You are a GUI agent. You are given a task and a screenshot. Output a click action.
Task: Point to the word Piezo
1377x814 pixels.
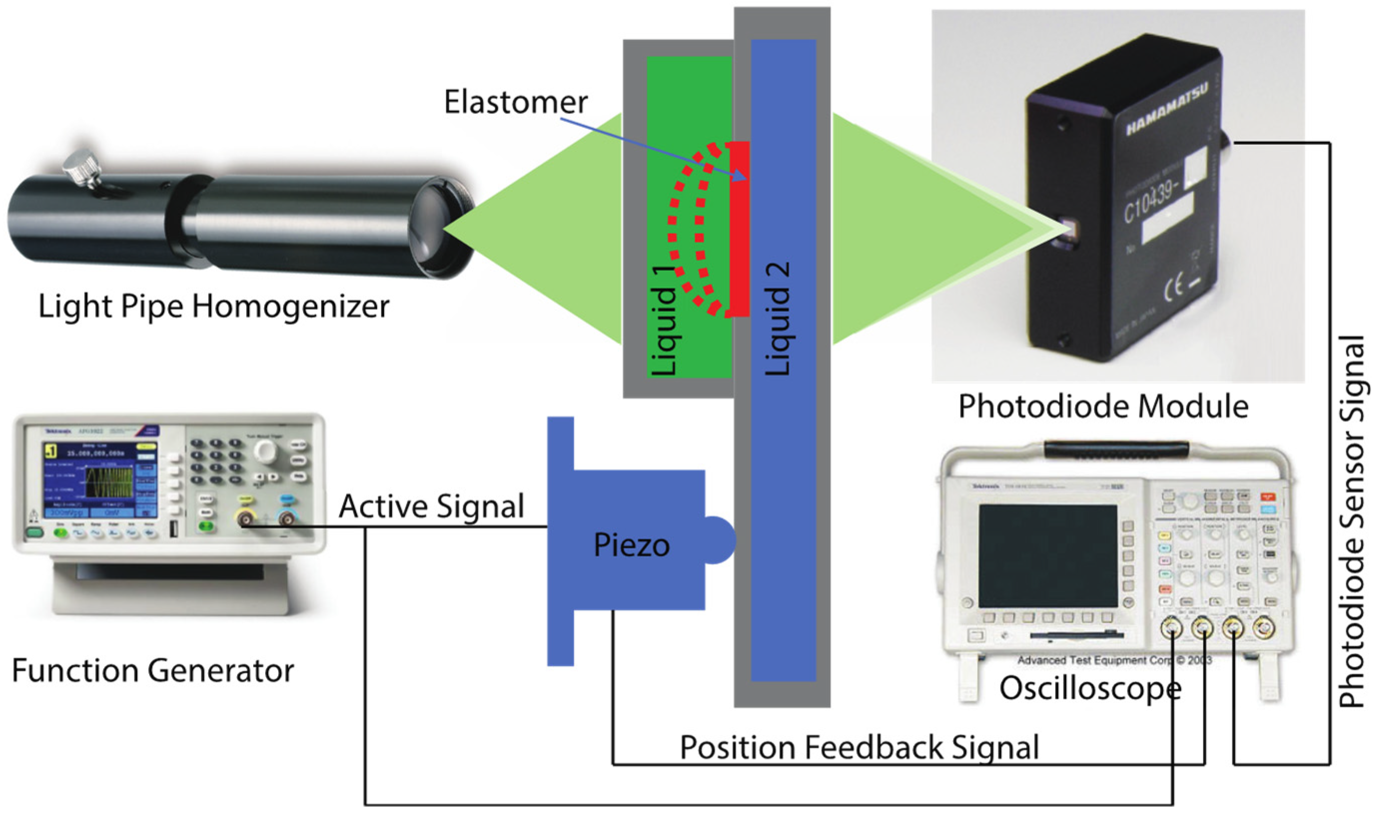coord(632,545)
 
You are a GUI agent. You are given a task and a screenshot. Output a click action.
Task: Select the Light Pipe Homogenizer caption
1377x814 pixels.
coord(214,306)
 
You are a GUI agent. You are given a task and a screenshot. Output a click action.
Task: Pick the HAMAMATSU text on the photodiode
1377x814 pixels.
coord(1167,110)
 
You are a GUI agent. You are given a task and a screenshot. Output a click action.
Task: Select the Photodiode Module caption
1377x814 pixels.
coord(1103,407)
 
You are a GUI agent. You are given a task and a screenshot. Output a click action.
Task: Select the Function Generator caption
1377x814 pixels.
coord(153,671)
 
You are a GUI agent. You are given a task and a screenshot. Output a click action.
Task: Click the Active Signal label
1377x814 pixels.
coord(432,506)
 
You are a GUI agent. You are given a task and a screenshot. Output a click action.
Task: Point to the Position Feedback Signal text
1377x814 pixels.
coord(859,748)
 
